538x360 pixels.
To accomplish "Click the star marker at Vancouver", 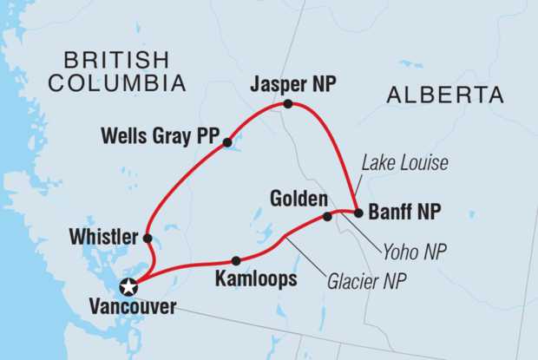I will pyautogui.click(x=129, y=287).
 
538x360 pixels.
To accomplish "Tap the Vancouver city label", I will pyautogui.click(x=131, y=306).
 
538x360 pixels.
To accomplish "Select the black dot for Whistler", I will pyautogui.click(x=148, y=238).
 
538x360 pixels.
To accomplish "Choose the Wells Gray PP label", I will pyautogui.click(x=161, y=136).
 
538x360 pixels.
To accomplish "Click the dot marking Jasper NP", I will pyautogui.click(x=288, y=104).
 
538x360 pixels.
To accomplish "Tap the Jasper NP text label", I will pyautogui.click(x=292, y=85).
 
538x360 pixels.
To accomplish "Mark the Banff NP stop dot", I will pyautogui.click(x=358, y=213).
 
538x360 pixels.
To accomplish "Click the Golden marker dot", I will pyautogui.click(x=327, y=217).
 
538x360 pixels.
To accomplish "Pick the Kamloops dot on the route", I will pyautogui.click(x=235, y=260).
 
